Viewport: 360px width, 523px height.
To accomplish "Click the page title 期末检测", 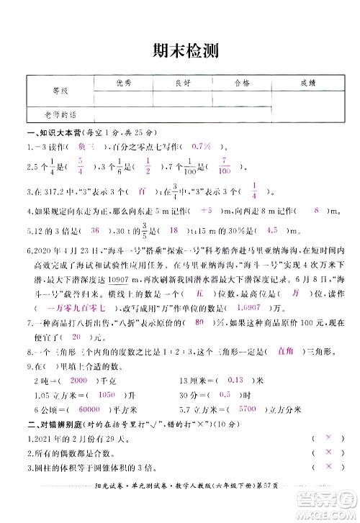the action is (180, 51).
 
